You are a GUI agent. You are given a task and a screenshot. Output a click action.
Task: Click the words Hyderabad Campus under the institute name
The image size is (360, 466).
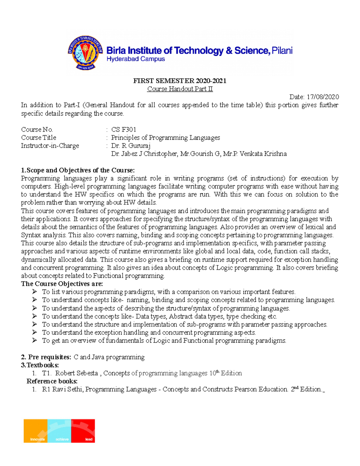point(136,59)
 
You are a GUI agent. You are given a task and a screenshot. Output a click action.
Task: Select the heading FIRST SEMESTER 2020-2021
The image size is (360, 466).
point(180,81)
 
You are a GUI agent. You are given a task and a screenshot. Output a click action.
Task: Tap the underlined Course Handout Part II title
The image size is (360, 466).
point(180,89)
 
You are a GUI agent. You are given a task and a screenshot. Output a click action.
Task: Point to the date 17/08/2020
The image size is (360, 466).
point(322,97)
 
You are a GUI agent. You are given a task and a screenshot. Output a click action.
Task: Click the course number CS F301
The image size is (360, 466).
point(124,130)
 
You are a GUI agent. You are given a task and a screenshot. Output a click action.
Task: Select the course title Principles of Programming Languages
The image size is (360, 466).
point(166,138)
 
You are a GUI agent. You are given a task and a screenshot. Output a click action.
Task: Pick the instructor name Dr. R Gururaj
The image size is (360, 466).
point(131,146)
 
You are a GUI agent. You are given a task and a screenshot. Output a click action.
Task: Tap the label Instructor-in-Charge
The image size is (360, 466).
point(50,146)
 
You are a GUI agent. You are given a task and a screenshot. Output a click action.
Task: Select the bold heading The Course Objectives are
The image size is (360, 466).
point(62,284)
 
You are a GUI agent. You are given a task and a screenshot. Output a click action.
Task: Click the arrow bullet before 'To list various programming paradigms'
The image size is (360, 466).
point(34,292)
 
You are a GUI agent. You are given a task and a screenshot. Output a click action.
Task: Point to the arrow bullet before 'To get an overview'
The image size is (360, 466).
point(34,340)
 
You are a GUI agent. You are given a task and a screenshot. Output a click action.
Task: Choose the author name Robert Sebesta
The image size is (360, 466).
point(77,373)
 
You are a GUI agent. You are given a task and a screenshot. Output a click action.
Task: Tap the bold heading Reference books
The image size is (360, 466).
point(52,381)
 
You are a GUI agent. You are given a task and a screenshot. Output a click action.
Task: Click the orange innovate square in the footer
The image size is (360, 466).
point(36,431)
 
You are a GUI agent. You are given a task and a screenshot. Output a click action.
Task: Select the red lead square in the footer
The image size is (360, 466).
point(83,431)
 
